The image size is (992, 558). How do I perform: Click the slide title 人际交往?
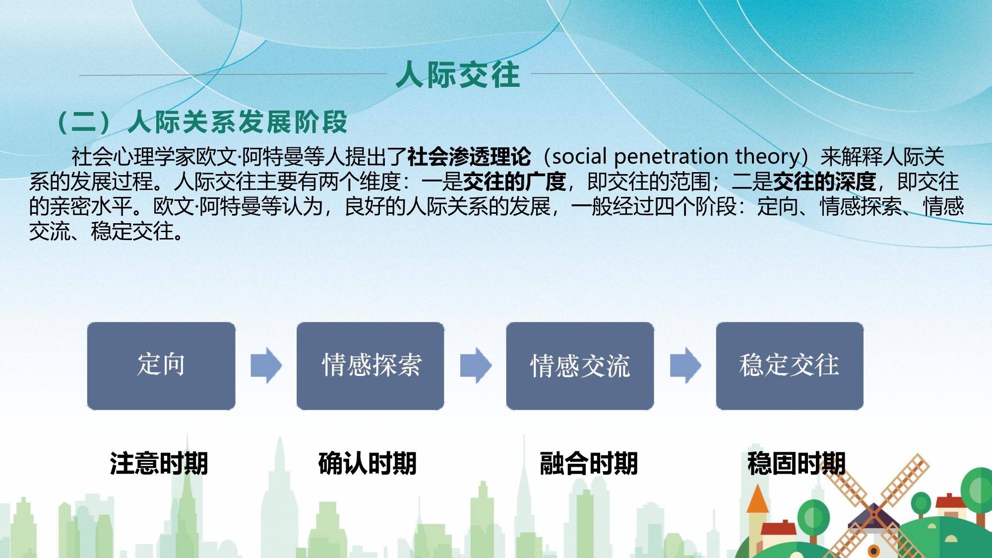(458, 75)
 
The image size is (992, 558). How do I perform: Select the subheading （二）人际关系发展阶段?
(203, 122)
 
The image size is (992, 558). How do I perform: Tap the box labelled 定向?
(161, 366)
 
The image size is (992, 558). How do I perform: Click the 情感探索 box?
(371, 366)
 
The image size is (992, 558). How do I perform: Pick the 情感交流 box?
(580, 366)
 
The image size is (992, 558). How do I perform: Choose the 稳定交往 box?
(790, 366)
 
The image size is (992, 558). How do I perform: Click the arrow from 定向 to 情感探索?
(266, 366)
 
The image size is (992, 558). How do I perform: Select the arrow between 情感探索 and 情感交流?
(476, 366)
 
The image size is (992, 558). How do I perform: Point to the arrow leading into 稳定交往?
(685, 366)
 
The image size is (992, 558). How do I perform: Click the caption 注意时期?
(159, 463)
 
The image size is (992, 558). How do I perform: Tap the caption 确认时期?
(368, 463)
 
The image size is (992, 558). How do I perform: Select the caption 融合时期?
(589, 463)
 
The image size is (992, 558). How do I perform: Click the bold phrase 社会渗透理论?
(469, 157)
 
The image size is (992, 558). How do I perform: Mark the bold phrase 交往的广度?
(514, 182)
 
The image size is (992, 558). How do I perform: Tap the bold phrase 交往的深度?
(824, 182)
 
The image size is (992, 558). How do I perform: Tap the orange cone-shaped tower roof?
(757, 498)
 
